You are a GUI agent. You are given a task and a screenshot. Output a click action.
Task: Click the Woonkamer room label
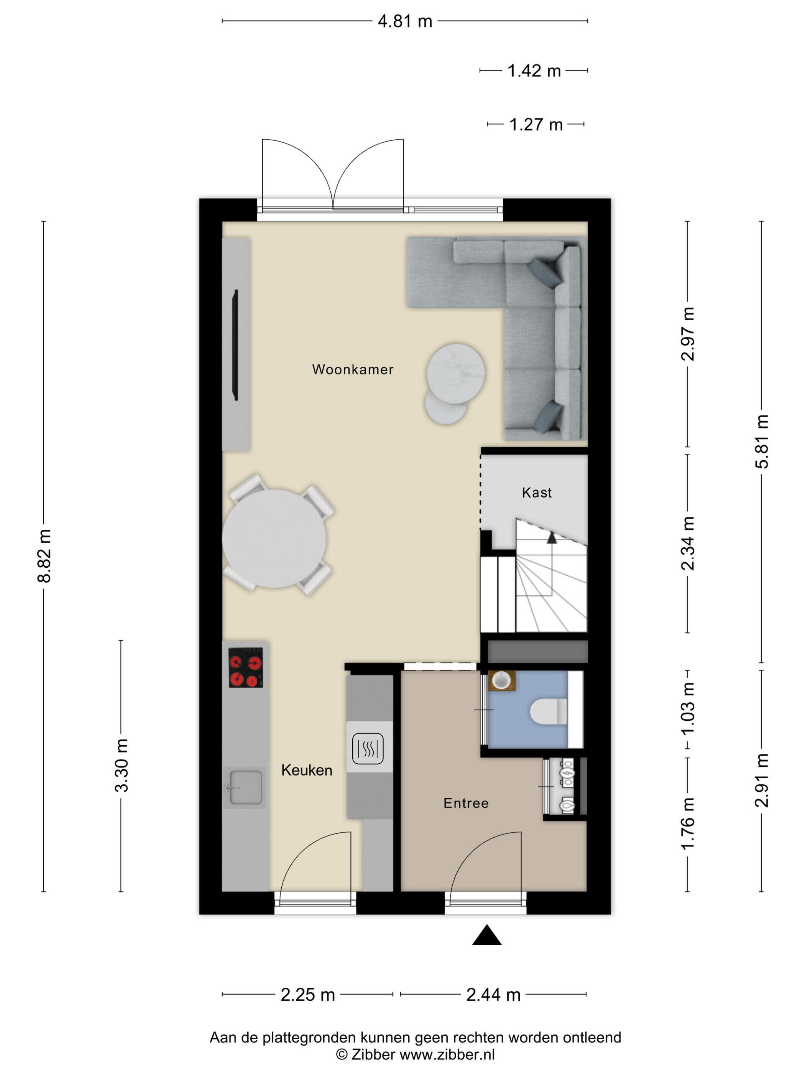click(352, 369)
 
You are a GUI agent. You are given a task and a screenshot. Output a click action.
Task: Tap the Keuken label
click(307, 770)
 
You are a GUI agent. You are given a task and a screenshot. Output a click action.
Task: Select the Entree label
click(466, 803)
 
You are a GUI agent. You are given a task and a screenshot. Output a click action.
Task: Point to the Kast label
click(537, 493)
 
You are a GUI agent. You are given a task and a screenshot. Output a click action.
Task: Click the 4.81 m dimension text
click(405, 21)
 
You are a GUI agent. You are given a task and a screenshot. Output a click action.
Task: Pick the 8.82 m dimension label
click(44, 555)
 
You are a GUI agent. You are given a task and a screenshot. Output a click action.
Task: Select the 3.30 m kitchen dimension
click(121, 765)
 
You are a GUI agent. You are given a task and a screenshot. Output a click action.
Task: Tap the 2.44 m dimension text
click(493, 995)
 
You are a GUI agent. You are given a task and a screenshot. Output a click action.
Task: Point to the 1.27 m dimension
click(536, 125)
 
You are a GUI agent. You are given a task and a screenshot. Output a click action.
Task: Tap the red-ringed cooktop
click(246, 668)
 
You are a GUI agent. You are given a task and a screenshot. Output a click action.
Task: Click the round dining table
click(274, 539)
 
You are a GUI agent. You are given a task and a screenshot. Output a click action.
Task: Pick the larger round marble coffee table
click(456, 373)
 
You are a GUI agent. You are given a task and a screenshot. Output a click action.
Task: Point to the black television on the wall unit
click(235, 345)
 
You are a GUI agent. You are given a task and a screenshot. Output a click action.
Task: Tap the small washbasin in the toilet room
click(501, 680)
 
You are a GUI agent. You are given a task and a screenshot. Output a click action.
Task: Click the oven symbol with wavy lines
click(368, 749)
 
